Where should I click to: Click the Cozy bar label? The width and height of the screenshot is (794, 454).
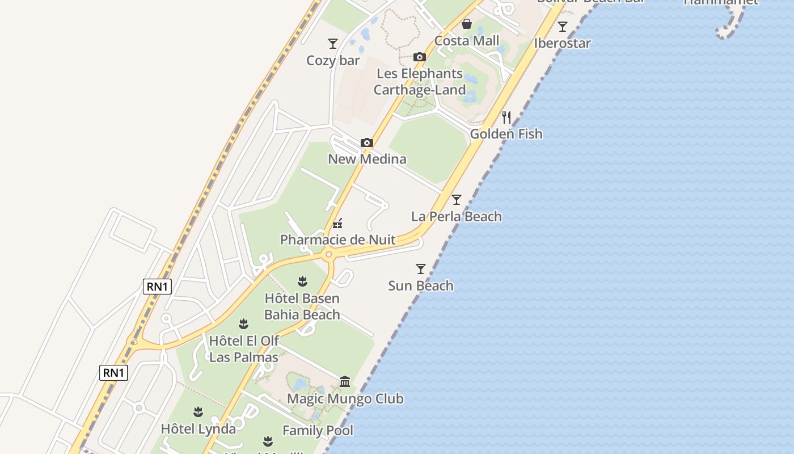333,60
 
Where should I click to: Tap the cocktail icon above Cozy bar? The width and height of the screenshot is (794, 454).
333,43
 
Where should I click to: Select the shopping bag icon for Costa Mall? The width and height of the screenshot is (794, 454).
467,24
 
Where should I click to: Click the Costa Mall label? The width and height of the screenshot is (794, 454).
467,41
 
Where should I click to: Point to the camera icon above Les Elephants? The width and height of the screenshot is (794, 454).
420,57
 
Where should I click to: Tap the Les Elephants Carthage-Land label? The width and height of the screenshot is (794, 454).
420,82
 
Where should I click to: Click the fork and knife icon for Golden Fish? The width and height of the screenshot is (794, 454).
506,117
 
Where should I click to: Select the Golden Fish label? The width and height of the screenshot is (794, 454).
506,134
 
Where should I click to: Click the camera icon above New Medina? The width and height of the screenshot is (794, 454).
367,142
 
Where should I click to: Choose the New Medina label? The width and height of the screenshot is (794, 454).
367,159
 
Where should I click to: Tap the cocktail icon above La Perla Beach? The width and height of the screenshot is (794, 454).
457,200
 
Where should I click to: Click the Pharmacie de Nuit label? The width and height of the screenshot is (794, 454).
337,239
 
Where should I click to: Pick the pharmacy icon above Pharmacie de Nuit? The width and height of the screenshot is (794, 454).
337,223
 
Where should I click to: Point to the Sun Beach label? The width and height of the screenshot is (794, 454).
421,285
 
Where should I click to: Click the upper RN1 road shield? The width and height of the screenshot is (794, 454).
157,287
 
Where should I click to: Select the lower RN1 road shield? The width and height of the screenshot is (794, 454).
114,373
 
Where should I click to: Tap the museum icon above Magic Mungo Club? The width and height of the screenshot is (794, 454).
345,381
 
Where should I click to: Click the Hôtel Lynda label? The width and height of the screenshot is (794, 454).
198,429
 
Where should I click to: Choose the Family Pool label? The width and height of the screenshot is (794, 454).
318,431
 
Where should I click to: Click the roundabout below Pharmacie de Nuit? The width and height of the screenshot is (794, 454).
328,255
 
